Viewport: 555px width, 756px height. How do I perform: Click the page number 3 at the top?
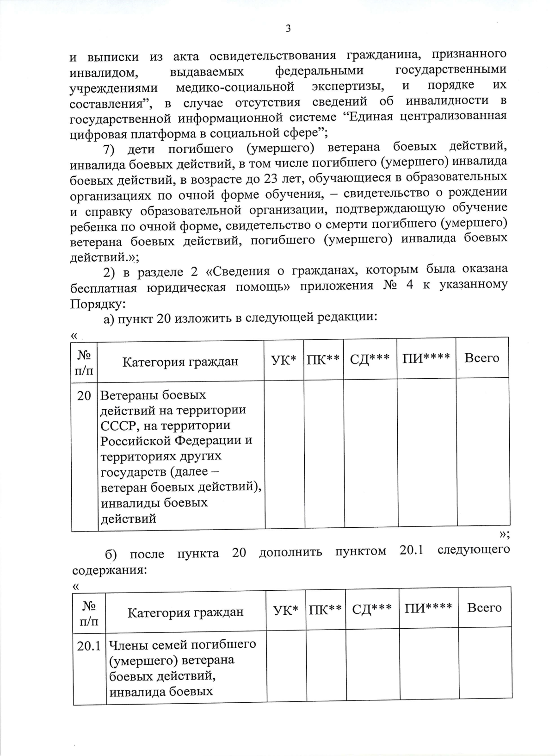click(x=288, y=29)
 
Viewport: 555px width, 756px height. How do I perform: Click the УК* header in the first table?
click(x=284, y=359)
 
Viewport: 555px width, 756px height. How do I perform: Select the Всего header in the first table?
click(x=481, y=358)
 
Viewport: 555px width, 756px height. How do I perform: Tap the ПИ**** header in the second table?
click(x=428, y=608)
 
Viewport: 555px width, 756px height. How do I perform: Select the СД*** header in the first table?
click(x=370, y=359)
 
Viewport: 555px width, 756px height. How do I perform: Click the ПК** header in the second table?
click(x=325, y=609)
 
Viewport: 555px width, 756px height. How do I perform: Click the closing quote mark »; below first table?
click(x=504, y=535)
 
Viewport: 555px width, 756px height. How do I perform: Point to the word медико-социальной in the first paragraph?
click(x=235, y=87)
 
